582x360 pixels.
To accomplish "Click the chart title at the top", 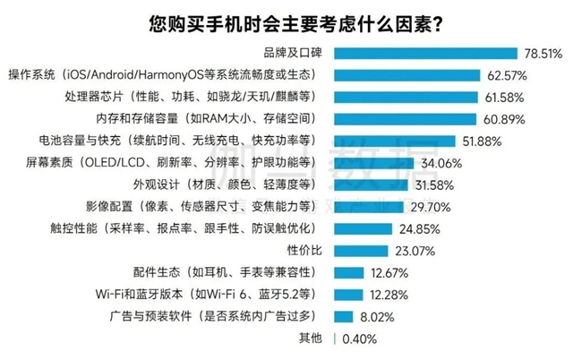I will [x=291, y=22].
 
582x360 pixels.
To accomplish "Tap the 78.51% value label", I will [x=543, y=54].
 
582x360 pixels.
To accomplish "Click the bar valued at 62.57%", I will [x=404, y=74].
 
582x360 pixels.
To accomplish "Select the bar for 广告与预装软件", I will [x=342, y=316].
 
